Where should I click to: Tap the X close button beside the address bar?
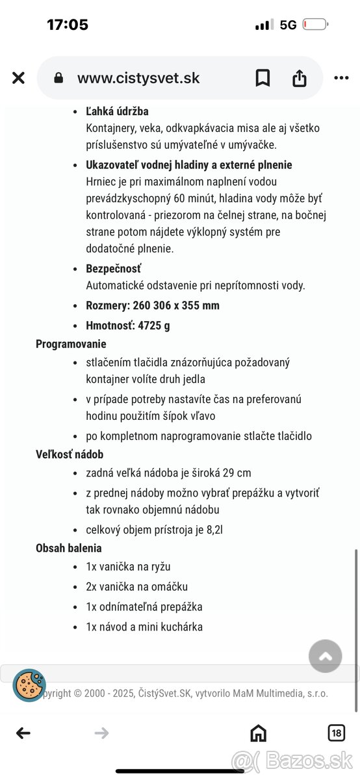[18, 78]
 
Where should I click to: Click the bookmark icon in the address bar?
[263, 78]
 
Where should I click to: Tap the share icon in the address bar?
[299, 78]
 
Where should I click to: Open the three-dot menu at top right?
[341, 78]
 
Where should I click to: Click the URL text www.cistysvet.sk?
[138, 78]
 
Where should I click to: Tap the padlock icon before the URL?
[58, 78]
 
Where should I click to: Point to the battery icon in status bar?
[315, 25]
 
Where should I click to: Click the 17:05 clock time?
[67, 25]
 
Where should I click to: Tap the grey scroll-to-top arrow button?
[325, 656]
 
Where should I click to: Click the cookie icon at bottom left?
[29, 685]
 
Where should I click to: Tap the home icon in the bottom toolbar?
[258, 733]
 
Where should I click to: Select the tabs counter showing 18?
[336, 733]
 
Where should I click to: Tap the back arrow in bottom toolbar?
[23, 733]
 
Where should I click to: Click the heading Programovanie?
[71, 344]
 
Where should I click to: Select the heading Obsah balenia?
[68, 548]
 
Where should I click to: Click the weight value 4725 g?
[153, 325]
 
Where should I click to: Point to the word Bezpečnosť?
[114, 268]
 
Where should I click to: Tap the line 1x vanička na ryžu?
[128, 567]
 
